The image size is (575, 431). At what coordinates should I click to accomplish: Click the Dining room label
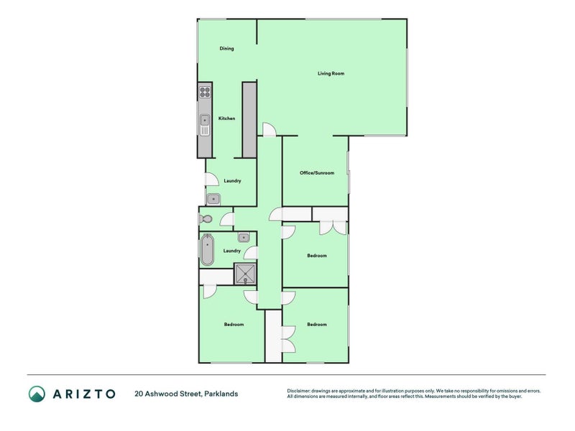(x=226, y=49)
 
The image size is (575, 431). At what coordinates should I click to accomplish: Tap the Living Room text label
(x=331, y=73)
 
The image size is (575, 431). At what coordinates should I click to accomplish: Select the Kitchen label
(x=227, y=119)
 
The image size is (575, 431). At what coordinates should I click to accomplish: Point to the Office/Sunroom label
(x=317, y=173)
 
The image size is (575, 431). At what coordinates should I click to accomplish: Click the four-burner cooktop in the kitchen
(x=205, y=92)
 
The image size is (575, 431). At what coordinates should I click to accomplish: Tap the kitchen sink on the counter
(x=205, y=126)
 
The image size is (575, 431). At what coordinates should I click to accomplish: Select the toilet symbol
(x=206, y=219)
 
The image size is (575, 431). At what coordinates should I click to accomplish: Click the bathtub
(x=207, y=250)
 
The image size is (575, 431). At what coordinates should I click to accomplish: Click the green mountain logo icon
(x=37, y=394)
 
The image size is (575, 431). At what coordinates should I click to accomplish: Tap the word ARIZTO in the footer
(x=83, y=394)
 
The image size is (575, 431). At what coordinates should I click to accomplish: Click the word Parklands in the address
(x=221, y=394)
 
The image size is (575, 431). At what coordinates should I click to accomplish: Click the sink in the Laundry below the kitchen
(x=213, y=199)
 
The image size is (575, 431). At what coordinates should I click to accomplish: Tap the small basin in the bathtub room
(x=244, y=237)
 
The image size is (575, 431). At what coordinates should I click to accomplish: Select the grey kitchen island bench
(x=249, y=119)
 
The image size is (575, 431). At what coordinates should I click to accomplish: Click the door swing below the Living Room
(x=268, y=129)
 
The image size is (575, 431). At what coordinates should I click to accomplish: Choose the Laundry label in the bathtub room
(x=231, y=251)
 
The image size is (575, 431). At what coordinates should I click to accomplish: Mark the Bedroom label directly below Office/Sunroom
(x=317, y=256)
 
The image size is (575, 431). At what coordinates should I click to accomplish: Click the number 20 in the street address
(x=139, y=394)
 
